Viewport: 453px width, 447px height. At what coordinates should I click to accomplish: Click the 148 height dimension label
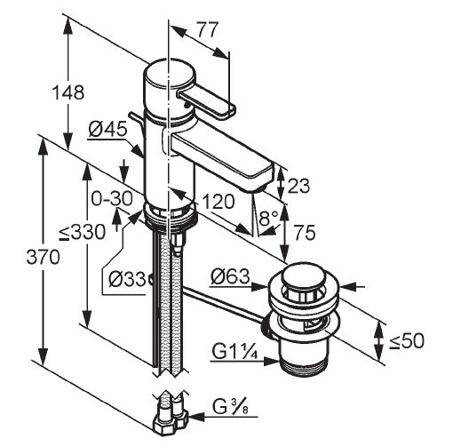point(68,92)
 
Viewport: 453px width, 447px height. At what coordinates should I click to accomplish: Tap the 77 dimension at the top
point(208,29)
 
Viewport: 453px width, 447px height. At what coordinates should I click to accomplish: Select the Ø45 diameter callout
point(107,129)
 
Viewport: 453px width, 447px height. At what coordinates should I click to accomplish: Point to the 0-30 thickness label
point(112,198)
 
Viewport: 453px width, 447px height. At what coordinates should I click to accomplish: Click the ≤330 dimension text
point(82,231)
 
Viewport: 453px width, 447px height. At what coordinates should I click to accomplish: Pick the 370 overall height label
point(44,257)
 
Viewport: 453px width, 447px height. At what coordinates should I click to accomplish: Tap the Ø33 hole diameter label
point(127,279)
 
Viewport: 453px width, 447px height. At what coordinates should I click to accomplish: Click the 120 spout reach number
point(219,202)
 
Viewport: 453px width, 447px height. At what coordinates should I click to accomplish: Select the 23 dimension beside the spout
point(298,186)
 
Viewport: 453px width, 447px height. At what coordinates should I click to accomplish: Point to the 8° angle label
point(268,219)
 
